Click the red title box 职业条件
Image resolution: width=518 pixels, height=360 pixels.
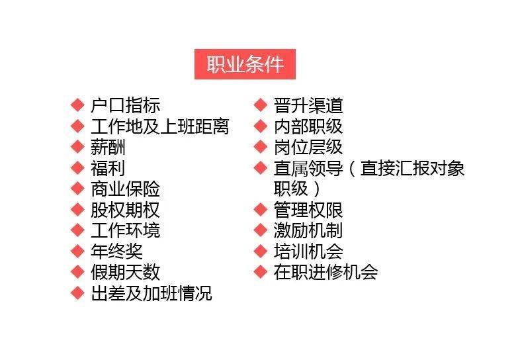pos(245,64)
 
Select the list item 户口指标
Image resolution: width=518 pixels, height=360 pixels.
pos(126,105)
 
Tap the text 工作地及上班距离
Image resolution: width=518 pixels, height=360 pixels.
pos(160,126)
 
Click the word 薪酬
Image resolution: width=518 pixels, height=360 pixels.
pos(108,148)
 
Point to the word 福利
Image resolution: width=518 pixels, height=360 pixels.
pos(108,168)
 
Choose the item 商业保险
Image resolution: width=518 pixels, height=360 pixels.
pos(126,189)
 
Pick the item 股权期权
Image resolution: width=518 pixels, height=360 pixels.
pos(126,210)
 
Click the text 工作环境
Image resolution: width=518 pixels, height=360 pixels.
pos(126,231)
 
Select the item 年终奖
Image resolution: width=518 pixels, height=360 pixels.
pos(117,251)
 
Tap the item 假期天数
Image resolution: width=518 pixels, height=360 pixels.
pos(126,273)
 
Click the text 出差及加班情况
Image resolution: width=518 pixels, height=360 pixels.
pos(151,293)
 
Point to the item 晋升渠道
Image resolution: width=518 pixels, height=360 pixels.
pos(308,105)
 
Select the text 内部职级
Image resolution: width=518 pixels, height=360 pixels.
pos(308,126)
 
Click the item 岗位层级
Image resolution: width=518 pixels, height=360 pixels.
pos(308,148)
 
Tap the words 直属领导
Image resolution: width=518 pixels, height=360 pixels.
pos(308,168)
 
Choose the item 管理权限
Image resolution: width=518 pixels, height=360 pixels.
pos(308,210)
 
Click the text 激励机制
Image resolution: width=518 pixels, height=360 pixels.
pos(308,231)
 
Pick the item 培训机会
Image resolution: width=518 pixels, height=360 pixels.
pos(308,251)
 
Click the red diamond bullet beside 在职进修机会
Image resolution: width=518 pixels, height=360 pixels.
pos(261,272)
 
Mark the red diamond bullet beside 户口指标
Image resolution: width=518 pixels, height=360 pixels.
pos(77,105)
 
